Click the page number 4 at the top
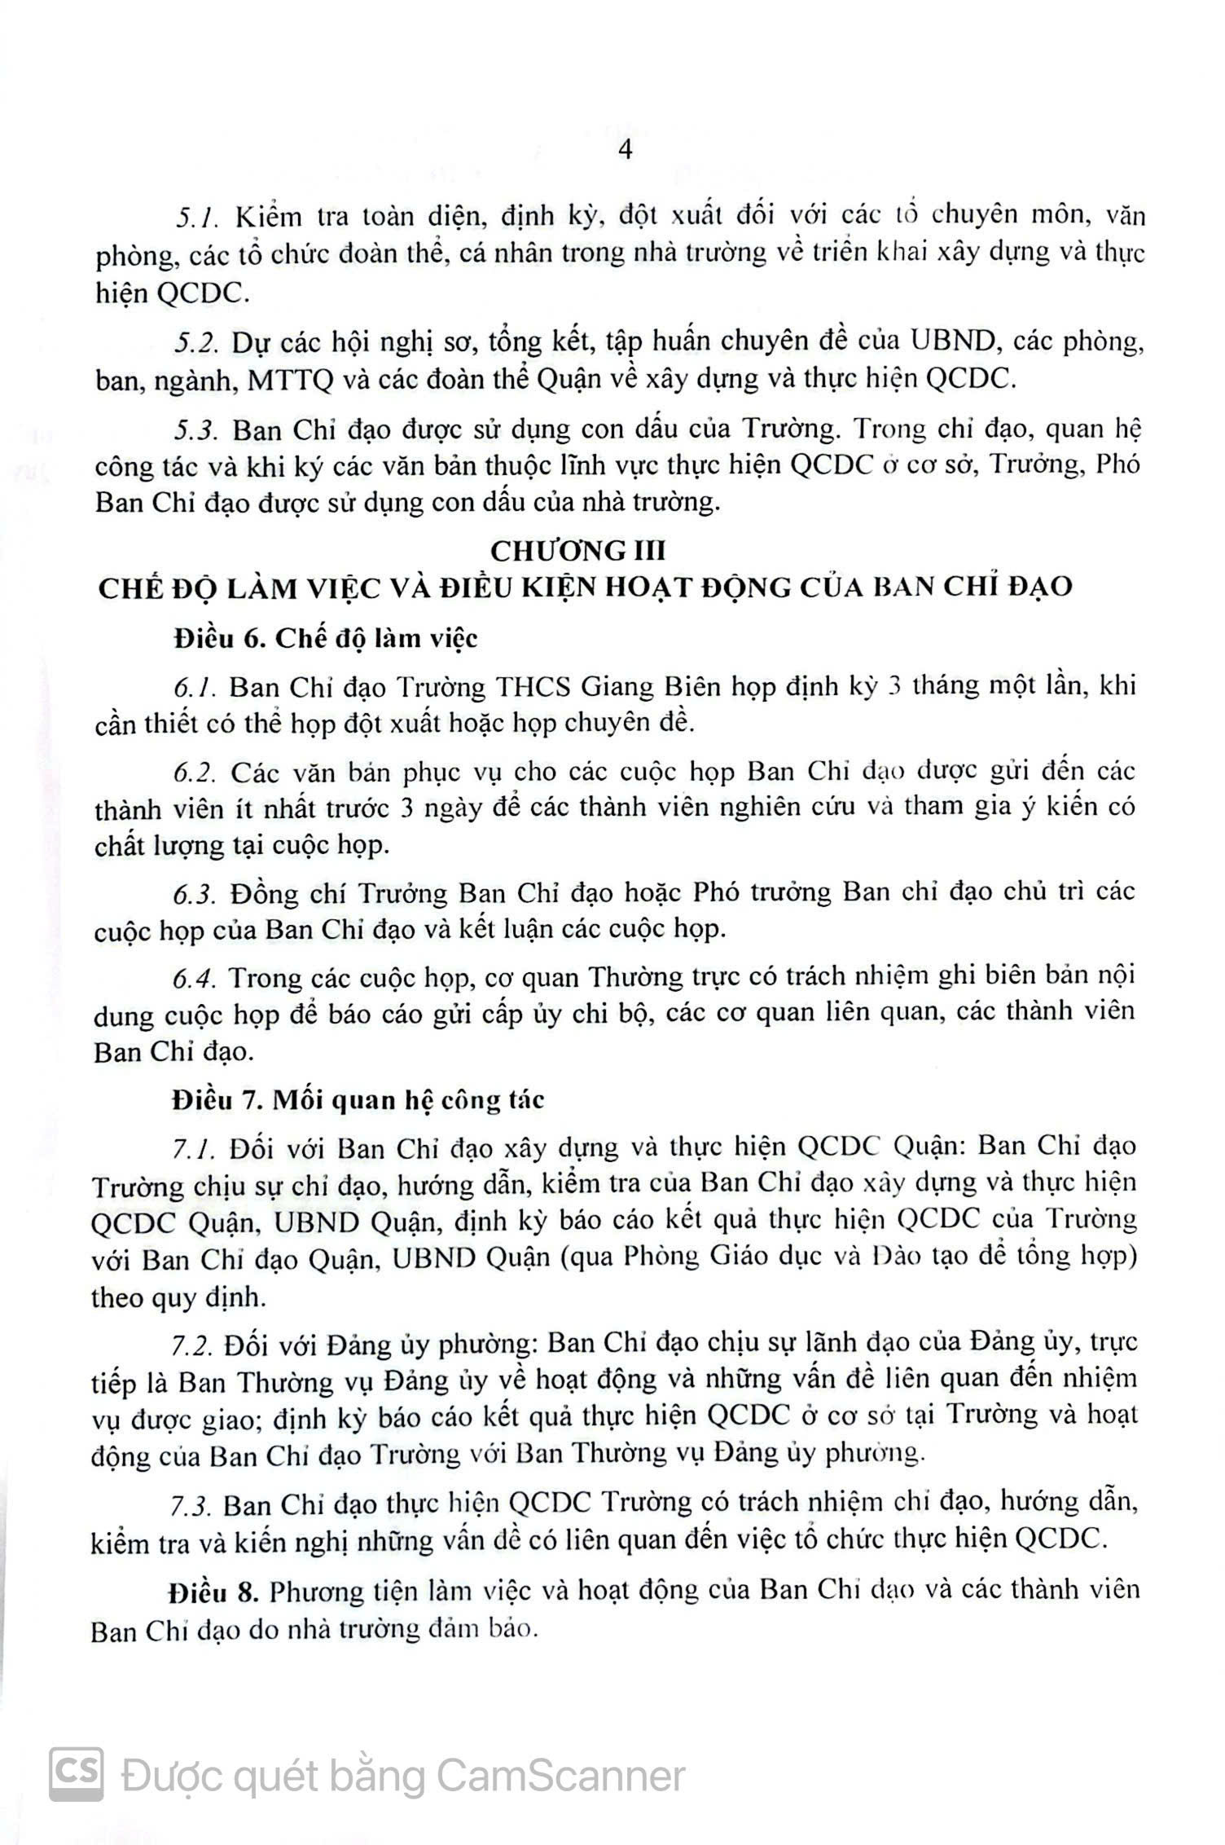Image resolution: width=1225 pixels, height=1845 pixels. [x=626, y=151]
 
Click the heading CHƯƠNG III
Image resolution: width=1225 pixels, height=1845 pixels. [x=577, y=551]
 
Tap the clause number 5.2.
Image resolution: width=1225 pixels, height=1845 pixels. [x=196, y=342]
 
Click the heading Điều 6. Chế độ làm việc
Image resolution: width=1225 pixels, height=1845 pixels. [x=326, y=638]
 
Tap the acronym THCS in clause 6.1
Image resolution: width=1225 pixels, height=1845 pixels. [x=533, y=687]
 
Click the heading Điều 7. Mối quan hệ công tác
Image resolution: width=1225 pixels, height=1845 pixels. [x=358, y=1100]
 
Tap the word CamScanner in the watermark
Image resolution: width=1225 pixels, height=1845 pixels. [x=561, y=1776]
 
